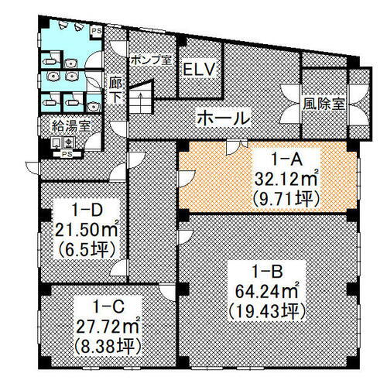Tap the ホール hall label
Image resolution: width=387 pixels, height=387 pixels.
(x=224, y=119)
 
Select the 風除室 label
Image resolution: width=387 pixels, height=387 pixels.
(x=324, y=103)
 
